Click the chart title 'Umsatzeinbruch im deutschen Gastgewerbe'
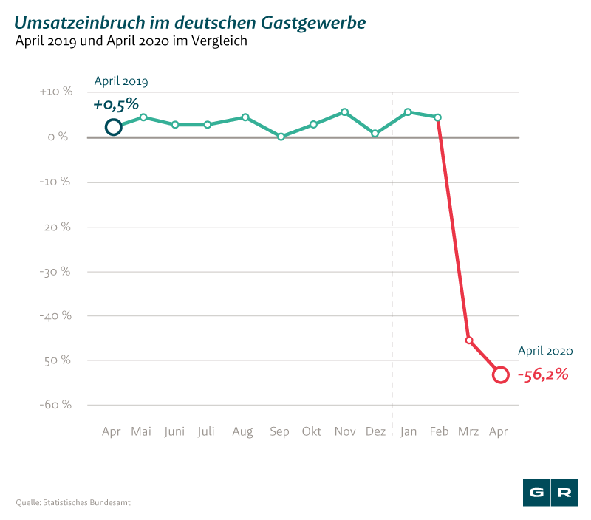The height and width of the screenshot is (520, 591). click(x=189, y=24)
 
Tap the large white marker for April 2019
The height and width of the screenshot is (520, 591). click(x=113, y=127)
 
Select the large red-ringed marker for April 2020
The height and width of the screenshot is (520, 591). click(x=500, y=374)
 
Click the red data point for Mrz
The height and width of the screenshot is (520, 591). click(x=469, y=341)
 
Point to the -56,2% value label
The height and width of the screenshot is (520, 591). click(x=543, y=374)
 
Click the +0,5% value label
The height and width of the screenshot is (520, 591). click(x=116, y=104)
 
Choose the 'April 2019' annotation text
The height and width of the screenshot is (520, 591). click(x=121, y=82)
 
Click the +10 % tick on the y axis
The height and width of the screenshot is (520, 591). click(x=56, y=92)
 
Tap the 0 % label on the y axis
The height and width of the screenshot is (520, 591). click(x=59, y=137)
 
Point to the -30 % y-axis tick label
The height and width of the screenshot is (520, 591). click(x=55, y=271)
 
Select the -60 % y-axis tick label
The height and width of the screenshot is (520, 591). click(x=55, y=405)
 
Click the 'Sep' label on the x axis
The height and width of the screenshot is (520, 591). click(x=279, y=431)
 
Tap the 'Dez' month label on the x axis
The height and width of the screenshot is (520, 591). click(x=376, y=431)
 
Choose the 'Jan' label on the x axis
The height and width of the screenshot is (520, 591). click(x=408, y=431)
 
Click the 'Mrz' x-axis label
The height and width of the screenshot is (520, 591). click(x=468, y=431)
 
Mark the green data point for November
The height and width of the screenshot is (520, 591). click(x=344, y=112)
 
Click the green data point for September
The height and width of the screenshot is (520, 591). click(x=281, y=137)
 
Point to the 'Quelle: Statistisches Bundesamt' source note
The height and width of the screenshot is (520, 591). click(x=74, y=503)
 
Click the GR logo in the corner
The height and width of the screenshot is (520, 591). click(x=550, y=493)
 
